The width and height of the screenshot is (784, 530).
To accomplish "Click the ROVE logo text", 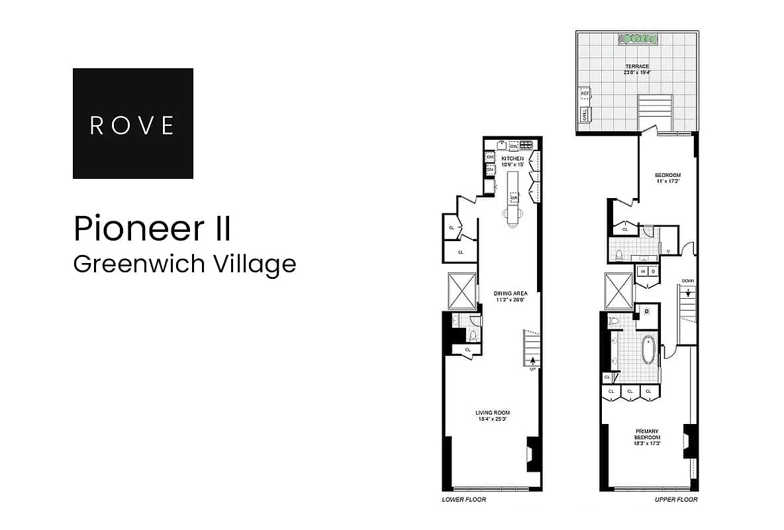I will point(132,125).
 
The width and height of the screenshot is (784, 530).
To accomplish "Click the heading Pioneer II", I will point(152,229).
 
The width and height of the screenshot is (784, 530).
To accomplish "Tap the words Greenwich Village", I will point(184,264).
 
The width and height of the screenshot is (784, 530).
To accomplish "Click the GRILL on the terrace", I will point(585,116).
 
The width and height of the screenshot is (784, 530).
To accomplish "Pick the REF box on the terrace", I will point(585,94).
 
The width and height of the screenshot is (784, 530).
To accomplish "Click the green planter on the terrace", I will point(638,39).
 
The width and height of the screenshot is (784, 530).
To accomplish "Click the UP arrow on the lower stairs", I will point(532,361).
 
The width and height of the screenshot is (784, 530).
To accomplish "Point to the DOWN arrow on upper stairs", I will point(688,292).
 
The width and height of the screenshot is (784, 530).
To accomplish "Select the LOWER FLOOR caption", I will point(464,500).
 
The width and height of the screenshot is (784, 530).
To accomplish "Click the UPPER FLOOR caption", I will point(676,500).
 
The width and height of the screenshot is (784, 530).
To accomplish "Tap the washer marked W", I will point(642,271).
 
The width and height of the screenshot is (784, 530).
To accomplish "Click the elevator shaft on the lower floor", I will point(462,290).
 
